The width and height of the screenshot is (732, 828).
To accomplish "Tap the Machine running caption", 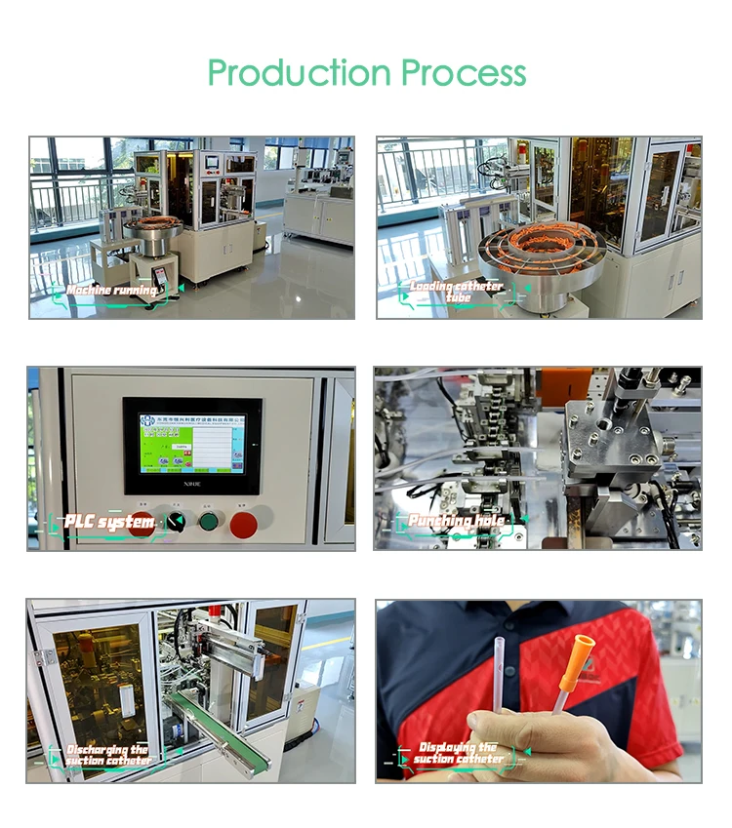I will [111, 291].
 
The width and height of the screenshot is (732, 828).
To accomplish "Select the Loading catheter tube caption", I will [456, 291].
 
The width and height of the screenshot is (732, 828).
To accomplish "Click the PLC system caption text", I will [109, 523].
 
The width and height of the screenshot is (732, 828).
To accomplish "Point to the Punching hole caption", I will [456, 522].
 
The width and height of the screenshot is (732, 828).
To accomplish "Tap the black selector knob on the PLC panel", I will [176, 522].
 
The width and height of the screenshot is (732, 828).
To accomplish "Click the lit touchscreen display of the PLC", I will [191, 443].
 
